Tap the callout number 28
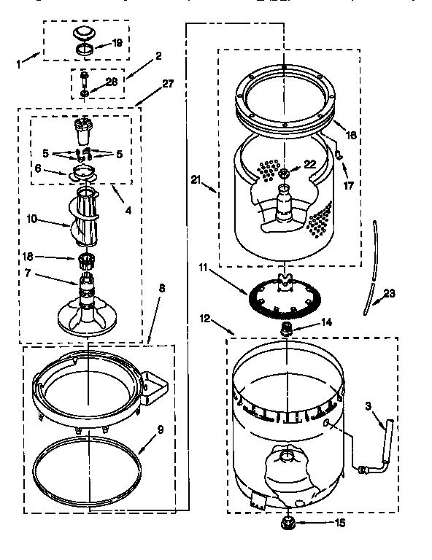click(112, 82)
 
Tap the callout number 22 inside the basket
click(310, 164)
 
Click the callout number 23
click(389, 294)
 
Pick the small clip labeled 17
click(340, 152)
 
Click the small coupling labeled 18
click(88, 258)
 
